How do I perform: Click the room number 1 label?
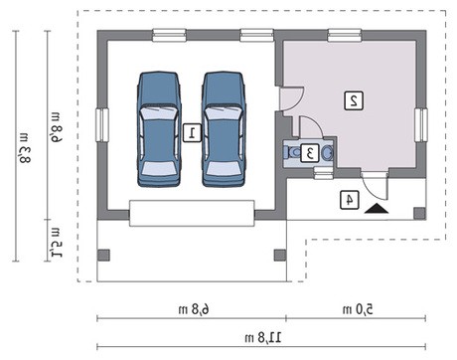pyautogui.click(x=192, y=133)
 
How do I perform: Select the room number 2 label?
pyautogui.click(x=354, y=100)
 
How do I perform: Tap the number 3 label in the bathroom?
pyautogui.click(x=310, y=153)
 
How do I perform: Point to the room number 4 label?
pyautogui.click(x=350, y=200)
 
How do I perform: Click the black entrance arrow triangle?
pyautogui.click(x=377, y=209)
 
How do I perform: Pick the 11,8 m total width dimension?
pyautogui.click(x=263, y=338)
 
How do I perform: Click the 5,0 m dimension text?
pyautogui.click(x=358, y=309)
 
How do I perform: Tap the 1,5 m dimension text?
pyautogui.click(x=57, y=243)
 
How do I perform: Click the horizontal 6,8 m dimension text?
pyautogui.click(x=194, y=309)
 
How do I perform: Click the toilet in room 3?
pyautogui.click(x=290, y=152)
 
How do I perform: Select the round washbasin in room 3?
pyautogui.click(x=327, y=153)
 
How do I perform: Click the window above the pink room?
pyautogui.click(x=344, y=36)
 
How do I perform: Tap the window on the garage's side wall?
pyautogui.click(x=102, y=125)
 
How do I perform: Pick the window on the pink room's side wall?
pyautogui.click(x=420, y=125)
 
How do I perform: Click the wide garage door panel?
pyautogui.click(x=192, y=213)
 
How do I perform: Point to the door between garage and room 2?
pyautogui.click(x=291, y=98)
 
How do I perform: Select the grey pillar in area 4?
pyautogui.click(x=419, y=213)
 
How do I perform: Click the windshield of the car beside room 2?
pyautogui.click(x=224, y=112)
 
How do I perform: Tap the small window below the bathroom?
pyautogui.click(x=323, y=173)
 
